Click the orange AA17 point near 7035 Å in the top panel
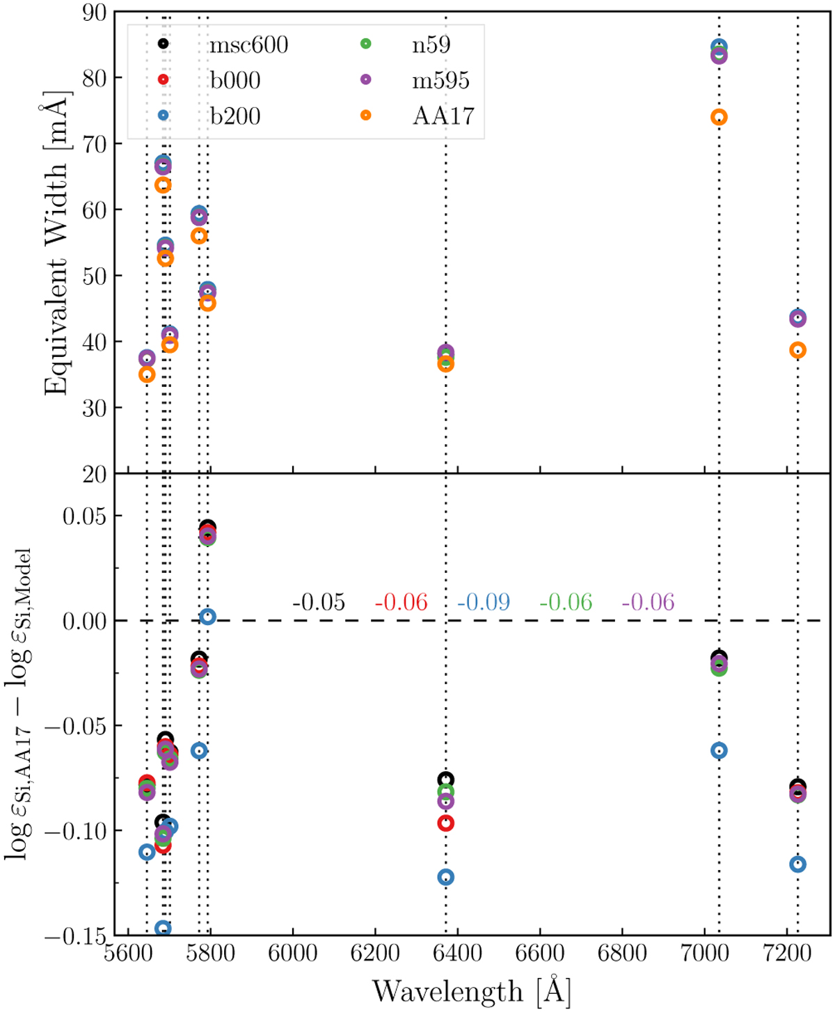719,118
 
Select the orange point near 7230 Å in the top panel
797,350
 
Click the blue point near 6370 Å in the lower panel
445,877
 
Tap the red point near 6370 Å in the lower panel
445,823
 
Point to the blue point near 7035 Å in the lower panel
719,750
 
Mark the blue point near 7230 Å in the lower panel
797,864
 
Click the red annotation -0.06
401,603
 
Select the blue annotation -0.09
484,603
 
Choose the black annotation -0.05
319,603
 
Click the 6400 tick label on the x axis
457,953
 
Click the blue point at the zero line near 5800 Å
207,617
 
